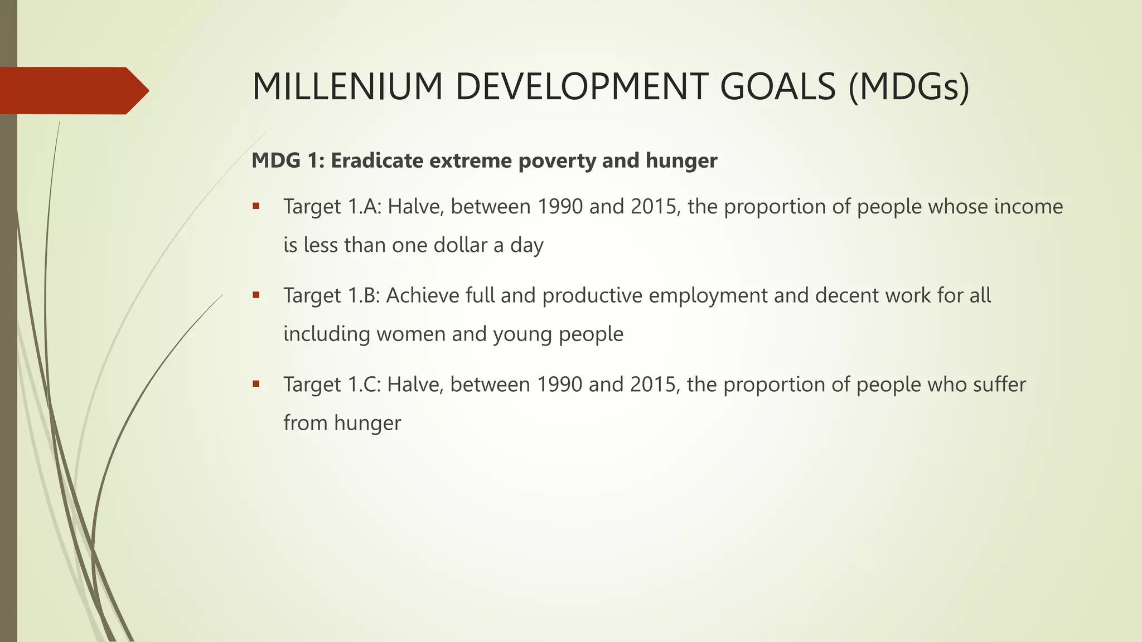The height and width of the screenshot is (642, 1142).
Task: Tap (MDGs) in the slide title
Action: pos(909,87)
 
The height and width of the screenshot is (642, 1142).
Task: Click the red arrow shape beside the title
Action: pos(72,90)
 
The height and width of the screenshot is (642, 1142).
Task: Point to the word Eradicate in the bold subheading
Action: pos(377,160)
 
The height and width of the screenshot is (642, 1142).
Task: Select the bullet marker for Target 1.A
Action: pos(256,206)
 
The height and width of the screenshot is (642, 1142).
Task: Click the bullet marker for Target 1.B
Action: pos(256,295)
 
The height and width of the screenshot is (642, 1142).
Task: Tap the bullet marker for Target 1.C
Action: pos(256,383)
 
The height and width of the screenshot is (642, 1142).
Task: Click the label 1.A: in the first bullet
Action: pos(365,207)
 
